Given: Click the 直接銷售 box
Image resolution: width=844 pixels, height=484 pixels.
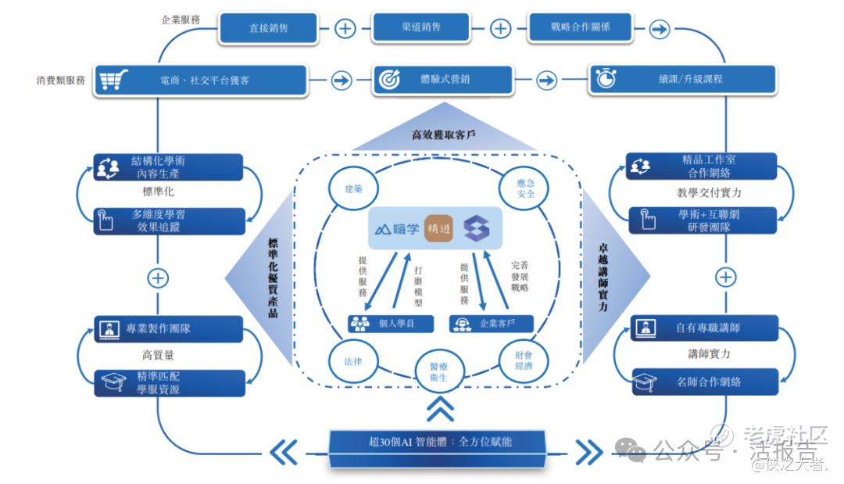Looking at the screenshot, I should click(x=268, y=28).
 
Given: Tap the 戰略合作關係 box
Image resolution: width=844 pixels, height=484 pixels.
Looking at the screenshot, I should click(x=580, y=27).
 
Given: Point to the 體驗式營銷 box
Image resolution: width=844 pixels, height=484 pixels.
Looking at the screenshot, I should click(x=442, y=80).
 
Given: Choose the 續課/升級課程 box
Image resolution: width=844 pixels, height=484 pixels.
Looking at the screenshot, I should click(x=682, y=80).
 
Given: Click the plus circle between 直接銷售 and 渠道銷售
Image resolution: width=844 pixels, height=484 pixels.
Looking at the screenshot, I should click(x=345, y=29).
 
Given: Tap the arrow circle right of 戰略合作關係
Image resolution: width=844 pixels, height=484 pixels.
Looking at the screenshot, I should click(x=660, y=29).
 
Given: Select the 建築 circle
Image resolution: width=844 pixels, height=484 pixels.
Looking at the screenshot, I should click(x=352, y=188).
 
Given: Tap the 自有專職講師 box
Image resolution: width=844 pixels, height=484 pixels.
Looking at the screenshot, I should click(x=704, y=328).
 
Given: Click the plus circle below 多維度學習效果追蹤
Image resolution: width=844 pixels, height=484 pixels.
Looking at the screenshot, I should click(x=159, y=278).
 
